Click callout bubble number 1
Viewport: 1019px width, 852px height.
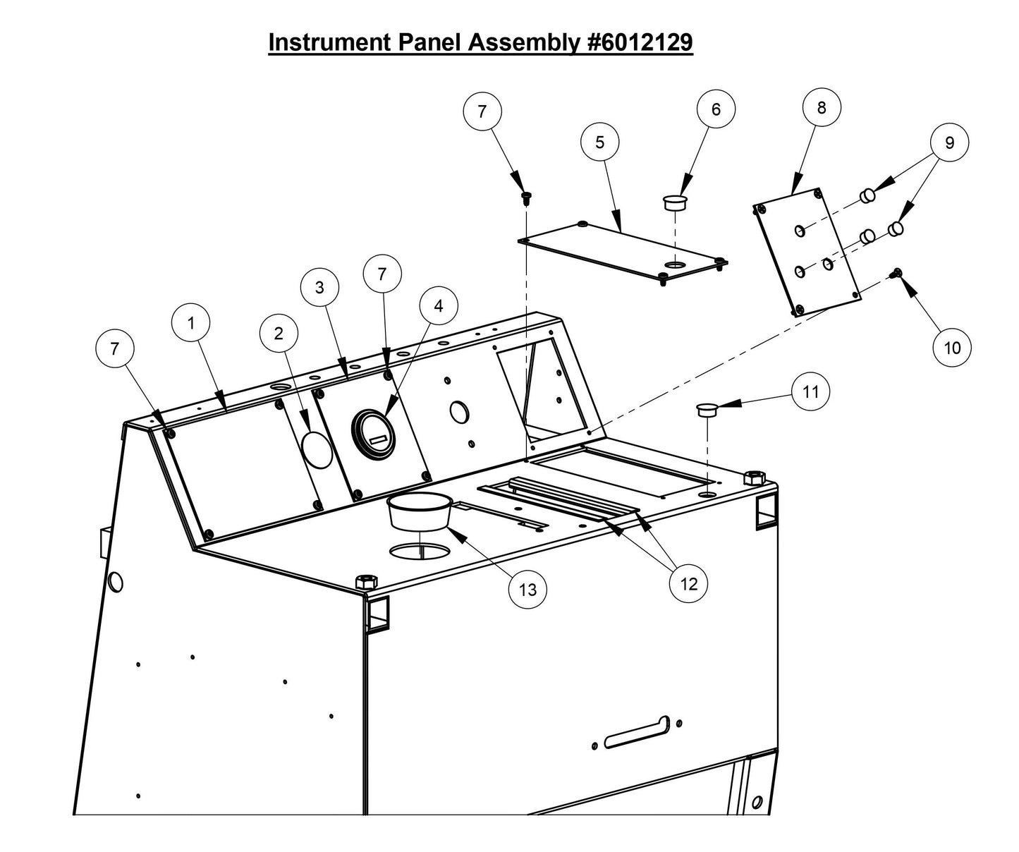pyautogui.click(x=190, y=323)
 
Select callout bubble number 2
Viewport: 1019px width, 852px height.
pyautogui.click(x=279, y=334)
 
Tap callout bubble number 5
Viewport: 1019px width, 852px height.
pyautogui.click(x=599, y=142)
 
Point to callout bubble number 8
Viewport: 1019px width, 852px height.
pyautogui.click(x=822, y=108)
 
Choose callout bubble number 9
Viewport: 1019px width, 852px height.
pyautogui.click(x=949, y=142)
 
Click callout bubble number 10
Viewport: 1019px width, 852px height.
pyautogui.click(x=951, y=347)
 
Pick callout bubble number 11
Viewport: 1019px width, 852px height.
pyautogui.click(x=811, y=391)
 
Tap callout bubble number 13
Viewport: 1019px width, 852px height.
pyautogui.click(x=527, y=589)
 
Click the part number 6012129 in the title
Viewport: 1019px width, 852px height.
pyautogui.click(x=640, y=42)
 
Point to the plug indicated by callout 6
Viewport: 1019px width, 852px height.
pyautogui.click(x=675, y=203)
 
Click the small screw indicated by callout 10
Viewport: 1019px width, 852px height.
pyautogui.click(x=898, y=274)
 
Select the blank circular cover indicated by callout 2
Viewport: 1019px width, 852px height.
pyautogui.click(x=317, y=449)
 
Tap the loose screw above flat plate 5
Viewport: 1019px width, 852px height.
pyautogui.click(x=525, y=197)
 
